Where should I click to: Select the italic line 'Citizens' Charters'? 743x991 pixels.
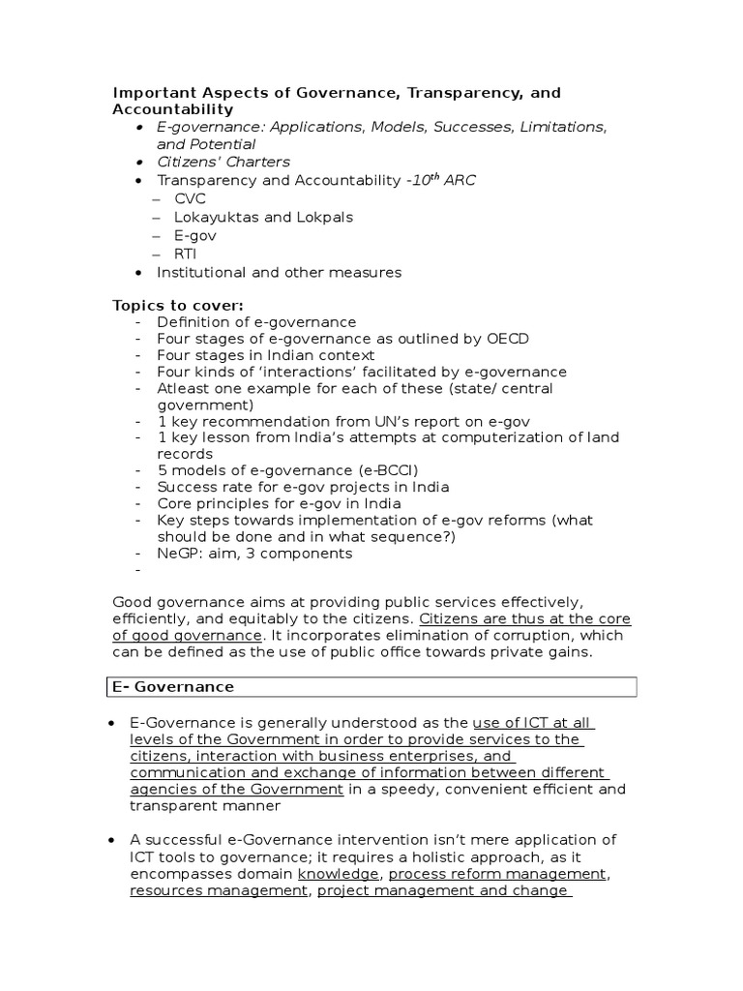pos(223,162)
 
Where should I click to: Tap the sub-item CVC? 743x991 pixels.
pos(190,198)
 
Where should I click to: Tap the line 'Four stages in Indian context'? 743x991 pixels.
pos(266,355)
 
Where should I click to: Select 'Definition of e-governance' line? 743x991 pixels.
pos(256,322)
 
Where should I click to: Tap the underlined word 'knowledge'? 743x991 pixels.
pos(338,874)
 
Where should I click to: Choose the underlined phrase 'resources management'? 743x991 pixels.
pos(219,890)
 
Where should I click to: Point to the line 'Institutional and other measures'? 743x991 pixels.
pos(279,272)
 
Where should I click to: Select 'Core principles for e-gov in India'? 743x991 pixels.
pos(279,503)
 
